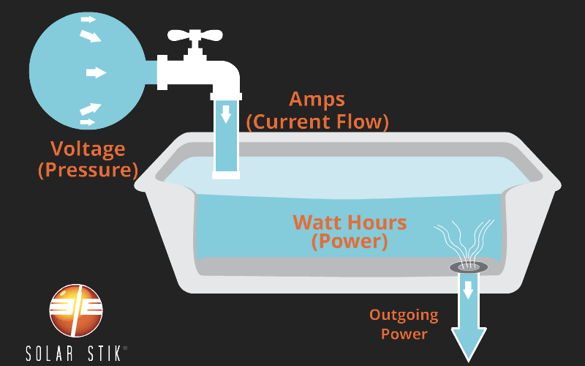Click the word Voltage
point(88,149)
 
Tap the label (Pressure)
point(88,171)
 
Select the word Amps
point(317,100)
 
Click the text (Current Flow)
point(317,121)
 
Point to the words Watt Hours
point(350,221)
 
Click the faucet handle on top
point(194,36)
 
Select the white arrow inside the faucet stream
point(226,113)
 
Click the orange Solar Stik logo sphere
point(76,310)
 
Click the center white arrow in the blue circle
point(96,72)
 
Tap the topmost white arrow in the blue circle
point(88,19)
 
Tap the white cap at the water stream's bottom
point(226,174)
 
